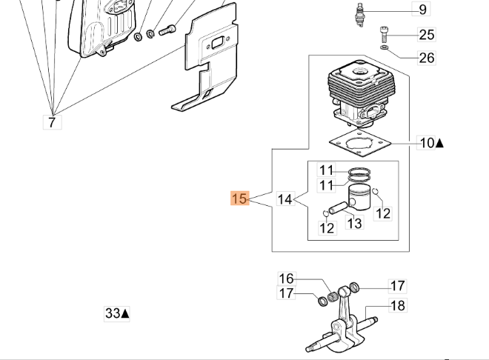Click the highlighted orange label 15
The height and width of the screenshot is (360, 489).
(x=239, y=199)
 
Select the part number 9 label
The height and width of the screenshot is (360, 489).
(x=422, y=10)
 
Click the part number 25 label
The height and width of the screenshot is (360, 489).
(x=426, y=34)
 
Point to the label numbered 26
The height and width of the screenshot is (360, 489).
(x=426, y=58)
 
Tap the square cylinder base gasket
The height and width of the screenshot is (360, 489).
(x=359, y=145)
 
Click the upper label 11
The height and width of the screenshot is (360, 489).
(x=327, y=170)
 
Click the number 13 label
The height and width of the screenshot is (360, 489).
(x=355, y=222)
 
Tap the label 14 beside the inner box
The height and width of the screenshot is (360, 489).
(x=285, y=199)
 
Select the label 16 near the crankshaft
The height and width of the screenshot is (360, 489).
(x=286, y=279)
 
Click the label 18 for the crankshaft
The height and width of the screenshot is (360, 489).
(x=397, y=305)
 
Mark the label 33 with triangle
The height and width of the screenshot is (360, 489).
(x=116, y=313)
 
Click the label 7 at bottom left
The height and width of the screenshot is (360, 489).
(x=51, y=122)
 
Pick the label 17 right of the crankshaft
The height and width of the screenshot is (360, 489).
(x=397, y=286)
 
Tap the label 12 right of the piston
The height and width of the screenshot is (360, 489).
(x=382, y=213)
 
